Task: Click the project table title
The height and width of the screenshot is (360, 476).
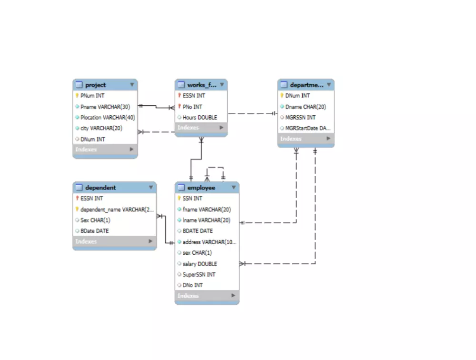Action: [96, 85]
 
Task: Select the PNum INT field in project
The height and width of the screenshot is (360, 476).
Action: [92, 96]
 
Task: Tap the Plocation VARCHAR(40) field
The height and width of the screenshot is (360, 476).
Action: [108, 118]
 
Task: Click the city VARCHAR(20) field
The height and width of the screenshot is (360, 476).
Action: [101, 128]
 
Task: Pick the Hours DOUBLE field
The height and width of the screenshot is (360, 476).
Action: [199, 118]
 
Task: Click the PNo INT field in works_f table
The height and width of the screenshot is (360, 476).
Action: [192, 107]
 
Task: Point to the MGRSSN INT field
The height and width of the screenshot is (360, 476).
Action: [300, 118]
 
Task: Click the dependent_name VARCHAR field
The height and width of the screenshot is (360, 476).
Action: [117, 210]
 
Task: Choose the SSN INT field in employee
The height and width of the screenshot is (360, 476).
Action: [192, 199]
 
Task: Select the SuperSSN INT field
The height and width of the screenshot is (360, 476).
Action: [199, 275]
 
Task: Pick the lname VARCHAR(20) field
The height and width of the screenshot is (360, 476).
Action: [207, 220]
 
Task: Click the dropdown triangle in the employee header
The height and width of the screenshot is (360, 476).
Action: [233, 188]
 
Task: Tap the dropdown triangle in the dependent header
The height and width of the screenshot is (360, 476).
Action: [151, 188]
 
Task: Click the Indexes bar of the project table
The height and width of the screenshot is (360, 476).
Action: [105, 150]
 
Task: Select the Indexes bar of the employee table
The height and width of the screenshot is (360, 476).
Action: [207, 296]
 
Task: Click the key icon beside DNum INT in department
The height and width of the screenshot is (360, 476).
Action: [282, 96]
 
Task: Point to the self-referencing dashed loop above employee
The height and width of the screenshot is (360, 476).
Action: [215, 168]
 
